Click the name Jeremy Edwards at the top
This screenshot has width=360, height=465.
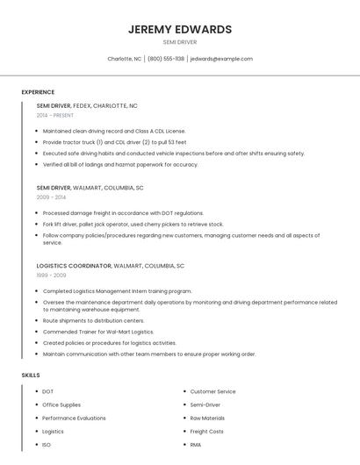(180, 29)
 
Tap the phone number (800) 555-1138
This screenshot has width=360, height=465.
(166, 59)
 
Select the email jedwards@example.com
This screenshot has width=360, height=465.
(221, 59)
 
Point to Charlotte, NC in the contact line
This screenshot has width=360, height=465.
(125, 59)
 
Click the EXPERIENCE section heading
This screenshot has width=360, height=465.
(38, 92)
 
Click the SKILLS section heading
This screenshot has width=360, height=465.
(31, 375)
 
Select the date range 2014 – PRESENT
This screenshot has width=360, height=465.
(55, 115)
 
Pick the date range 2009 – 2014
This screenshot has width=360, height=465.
(51, 197)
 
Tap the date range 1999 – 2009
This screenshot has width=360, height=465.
(51, 275)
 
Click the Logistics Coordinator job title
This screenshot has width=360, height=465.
(74, 265)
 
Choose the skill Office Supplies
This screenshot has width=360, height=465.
(61, 404)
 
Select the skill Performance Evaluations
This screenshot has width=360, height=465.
(74, 418)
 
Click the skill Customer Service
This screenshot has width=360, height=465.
(212, 391)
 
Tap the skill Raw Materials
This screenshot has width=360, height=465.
(207, 418)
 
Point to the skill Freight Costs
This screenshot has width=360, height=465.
(206, 431)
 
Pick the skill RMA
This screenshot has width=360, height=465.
(196, 445)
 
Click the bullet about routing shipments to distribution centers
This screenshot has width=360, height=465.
(93, 321)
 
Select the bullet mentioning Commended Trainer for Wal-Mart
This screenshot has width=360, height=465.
(98, 332)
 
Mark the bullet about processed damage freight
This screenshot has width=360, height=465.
(123, 213)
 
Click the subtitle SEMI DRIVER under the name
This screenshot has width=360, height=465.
(180, 41)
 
